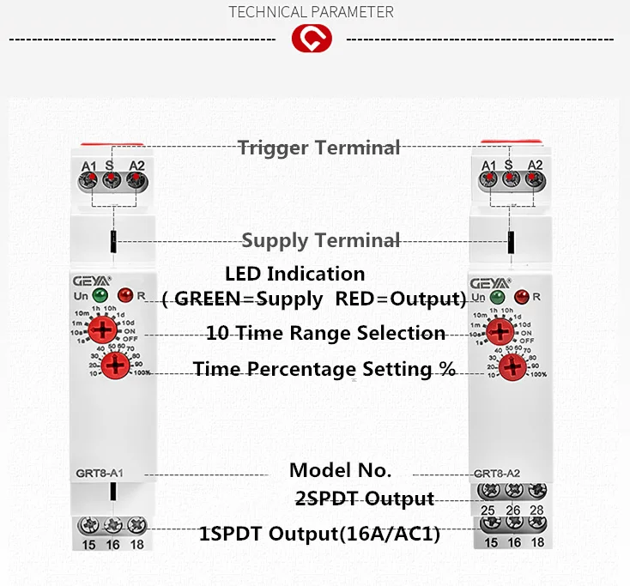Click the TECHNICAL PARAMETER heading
pos(312,12)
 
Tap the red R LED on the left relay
pos(124,296)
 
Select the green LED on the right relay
pos(495,297)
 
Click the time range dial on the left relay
pos(103,329)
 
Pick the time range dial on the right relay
pos(498,330)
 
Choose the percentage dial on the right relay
pos(512,367)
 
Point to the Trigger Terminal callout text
pos(318,148)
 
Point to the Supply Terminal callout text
pos(320,240)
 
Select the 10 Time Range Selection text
pos(325,333)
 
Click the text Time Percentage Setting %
pos(324,369)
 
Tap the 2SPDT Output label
pos(364,498)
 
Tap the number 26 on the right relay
pos(513,510)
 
